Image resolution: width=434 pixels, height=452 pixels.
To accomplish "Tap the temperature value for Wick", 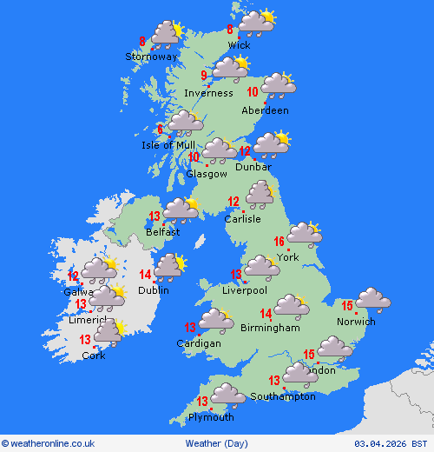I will (230, 29).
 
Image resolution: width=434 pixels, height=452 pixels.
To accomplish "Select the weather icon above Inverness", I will (230, 70).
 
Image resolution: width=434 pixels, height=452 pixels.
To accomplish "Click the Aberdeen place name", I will (266, 110).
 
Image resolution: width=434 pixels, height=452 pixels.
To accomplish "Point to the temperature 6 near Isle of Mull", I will (161, 130).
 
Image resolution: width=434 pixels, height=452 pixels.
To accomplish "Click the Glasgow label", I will (207, 174).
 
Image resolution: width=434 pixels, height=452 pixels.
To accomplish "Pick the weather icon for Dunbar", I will (271, 143).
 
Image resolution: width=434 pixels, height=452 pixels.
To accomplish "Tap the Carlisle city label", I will (242, 219).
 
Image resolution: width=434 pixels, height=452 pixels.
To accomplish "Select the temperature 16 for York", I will (279, 243).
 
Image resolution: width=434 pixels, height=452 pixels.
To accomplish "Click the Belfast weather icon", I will (181, 209).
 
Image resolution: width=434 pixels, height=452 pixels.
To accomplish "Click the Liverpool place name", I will (245, 290).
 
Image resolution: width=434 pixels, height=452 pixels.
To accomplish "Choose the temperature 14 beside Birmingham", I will (267, 314).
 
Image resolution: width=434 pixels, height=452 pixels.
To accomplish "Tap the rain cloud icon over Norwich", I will (372, 300).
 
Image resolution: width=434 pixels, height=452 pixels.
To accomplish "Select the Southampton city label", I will (283, 396).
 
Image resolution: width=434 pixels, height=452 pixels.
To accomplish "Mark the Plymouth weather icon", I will (228, 395).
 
